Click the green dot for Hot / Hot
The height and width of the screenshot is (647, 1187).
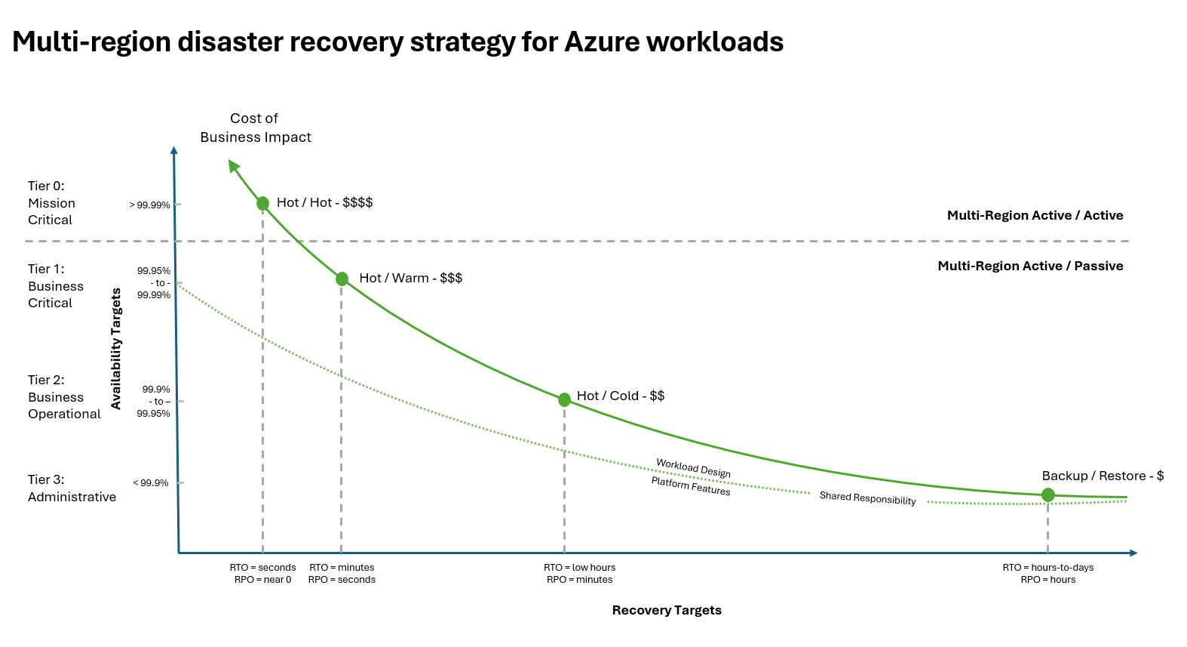pos(262,203)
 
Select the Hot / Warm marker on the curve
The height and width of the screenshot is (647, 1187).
pos(342,279)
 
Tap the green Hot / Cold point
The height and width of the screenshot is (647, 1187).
pos(564,399)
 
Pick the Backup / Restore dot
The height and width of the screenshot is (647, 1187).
pos(1047,495)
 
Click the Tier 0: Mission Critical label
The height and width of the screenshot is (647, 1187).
pos(51,203)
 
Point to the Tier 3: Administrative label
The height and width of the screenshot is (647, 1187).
pos(72,488)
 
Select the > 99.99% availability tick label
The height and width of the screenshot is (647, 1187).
pos(149,205)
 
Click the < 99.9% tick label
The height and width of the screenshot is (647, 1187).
pos(151,483)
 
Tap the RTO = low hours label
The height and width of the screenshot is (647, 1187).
pos(579,568)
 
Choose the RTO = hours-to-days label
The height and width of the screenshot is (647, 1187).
pos(1047,568)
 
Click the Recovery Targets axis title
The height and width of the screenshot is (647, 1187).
pos(667,610)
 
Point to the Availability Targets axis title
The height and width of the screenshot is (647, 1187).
pos(116,349)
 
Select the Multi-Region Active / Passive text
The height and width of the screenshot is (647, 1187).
pos(1030,266)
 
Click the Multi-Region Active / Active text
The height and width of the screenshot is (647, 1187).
pos(1035,215)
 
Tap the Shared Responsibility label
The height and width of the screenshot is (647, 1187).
pos(867,498)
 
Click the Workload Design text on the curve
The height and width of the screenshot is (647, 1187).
pos(693,468)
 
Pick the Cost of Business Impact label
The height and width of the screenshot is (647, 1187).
pos(255,128)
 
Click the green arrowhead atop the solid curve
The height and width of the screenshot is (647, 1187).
pos(234,165)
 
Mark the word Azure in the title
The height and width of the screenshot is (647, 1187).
pos(602,42)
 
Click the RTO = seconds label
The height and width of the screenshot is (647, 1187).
pos(262,568)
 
